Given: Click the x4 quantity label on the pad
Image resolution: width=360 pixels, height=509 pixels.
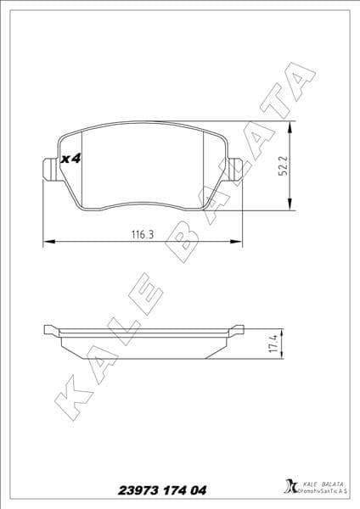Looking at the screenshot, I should coord(70,159).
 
